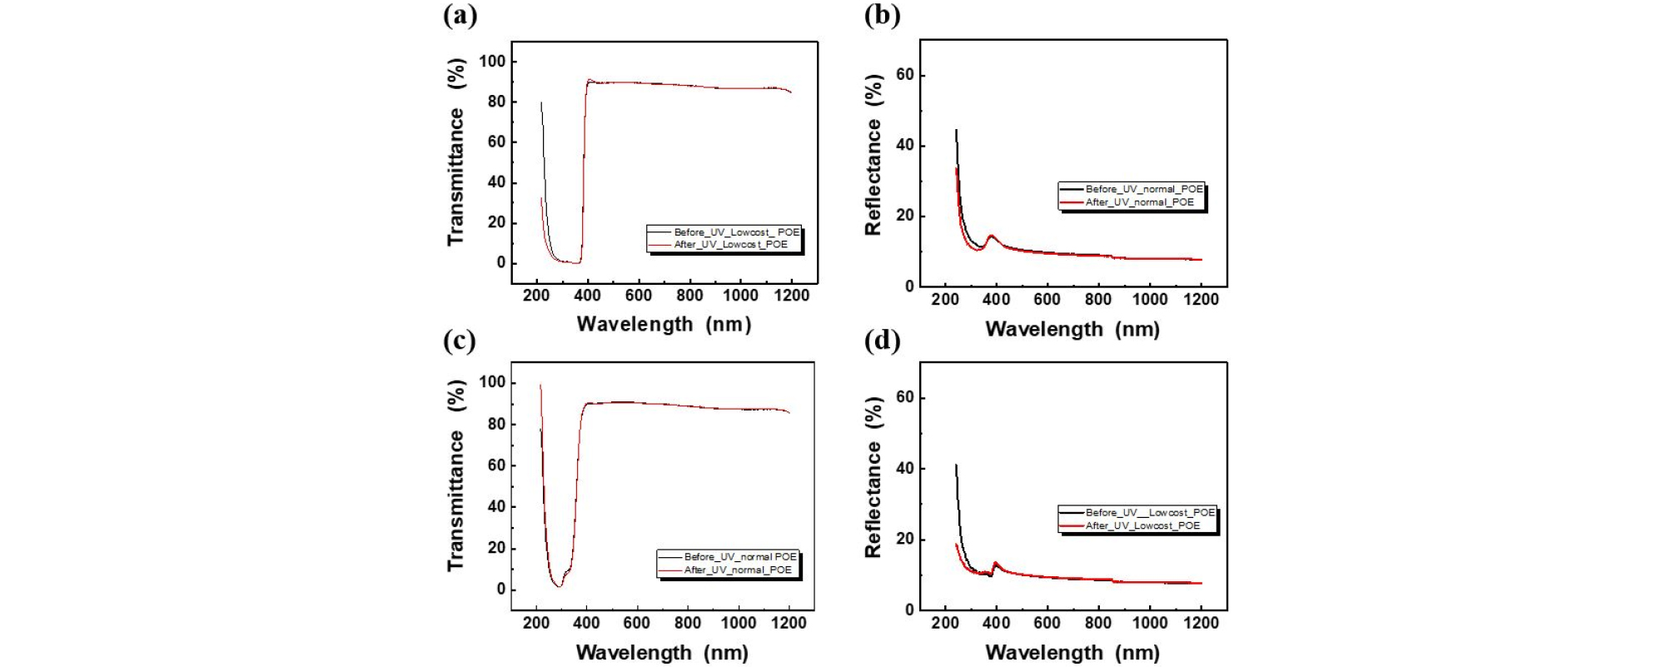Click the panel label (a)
point(460,15)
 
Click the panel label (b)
point(882,15)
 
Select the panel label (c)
point(460,340)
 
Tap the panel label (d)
point(882,340)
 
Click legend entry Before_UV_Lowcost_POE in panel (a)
point(736,232)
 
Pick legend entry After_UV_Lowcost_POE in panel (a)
point(730,245)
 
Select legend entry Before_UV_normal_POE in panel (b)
point(1143,189)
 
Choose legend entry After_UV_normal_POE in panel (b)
point(1139,202)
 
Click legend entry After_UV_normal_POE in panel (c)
point(738,570)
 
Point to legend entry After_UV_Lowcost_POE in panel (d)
point(1142,526)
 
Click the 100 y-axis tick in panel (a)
point(492,61)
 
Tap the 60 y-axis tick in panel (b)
point(904,75)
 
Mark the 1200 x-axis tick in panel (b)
point(1201,300)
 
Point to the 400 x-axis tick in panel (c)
point(586,623)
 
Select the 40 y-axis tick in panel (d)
point(904,469)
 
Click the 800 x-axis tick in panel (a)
point(689,296)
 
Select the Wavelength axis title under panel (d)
point(1072,653)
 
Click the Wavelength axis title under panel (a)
point(664,324)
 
